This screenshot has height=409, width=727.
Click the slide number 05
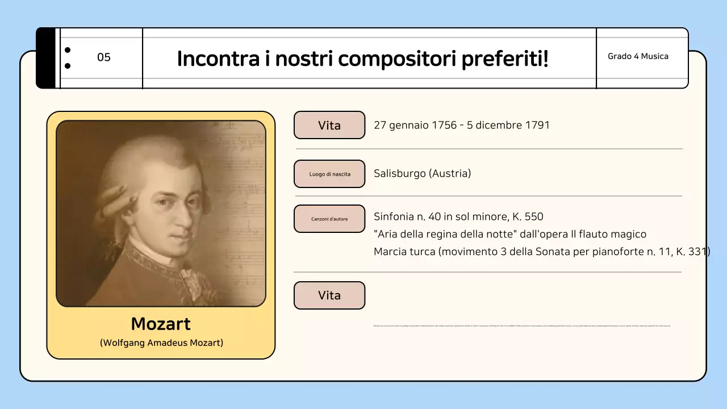104,57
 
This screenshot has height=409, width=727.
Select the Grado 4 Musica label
638,56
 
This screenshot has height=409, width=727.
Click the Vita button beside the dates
329,125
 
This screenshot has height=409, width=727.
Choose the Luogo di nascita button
329,174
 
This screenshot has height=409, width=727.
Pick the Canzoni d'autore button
329,219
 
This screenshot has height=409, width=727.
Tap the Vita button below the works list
329,295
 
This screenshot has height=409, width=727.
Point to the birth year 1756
444,125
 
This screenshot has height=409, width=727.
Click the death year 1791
537,125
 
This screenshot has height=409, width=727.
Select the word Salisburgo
400,173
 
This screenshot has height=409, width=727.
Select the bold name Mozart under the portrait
161,324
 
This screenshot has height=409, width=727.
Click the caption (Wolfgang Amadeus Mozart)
161,343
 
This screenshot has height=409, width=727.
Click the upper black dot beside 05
68,50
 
